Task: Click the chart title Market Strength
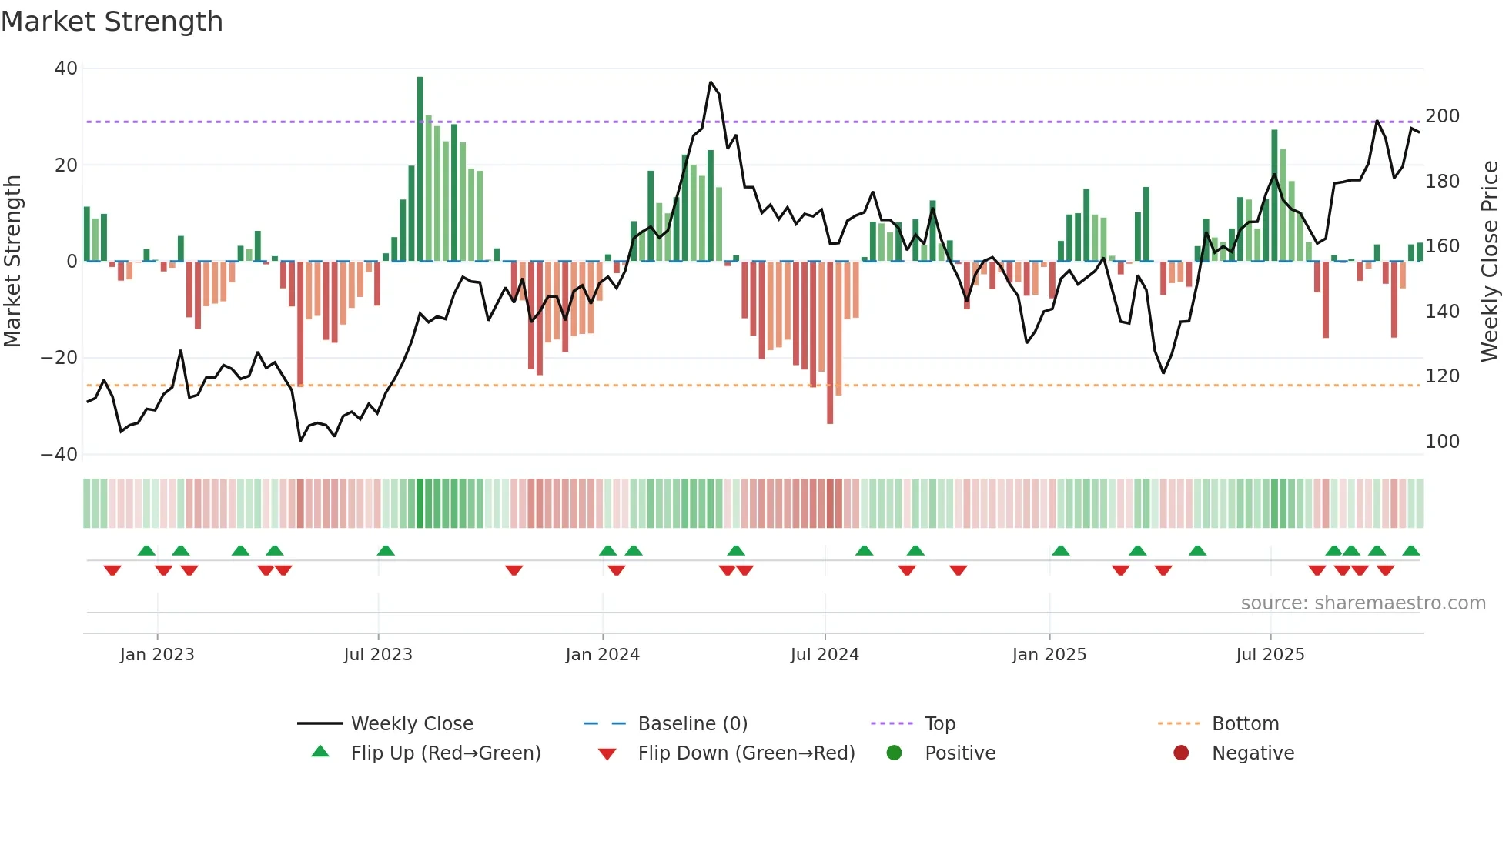point(112,22)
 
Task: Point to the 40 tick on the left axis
point(66,68)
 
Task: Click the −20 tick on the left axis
point(59,358)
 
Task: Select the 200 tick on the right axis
point(1442,116)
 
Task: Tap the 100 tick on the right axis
point(1442,442)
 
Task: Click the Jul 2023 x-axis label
point(378,655)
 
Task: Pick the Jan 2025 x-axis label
point(1049,655)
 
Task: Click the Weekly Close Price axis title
point(1490,262)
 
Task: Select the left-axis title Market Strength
point(13,262)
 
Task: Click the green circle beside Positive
point(894,753)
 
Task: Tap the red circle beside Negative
point(1181,753)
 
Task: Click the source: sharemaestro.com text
point(1363,603)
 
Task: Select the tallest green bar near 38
point(420,169)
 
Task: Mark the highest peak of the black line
point(711,82)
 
